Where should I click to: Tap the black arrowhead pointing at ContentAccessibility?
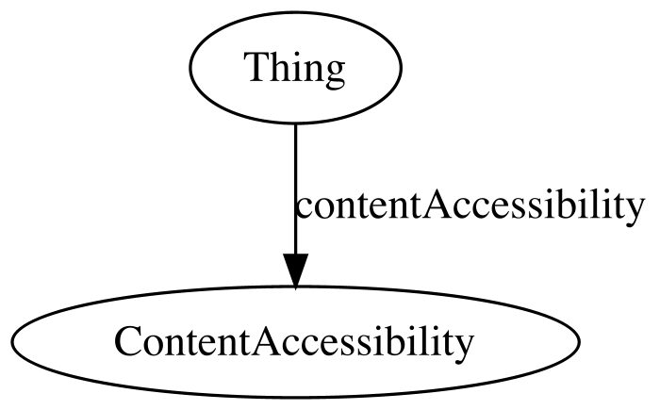(x=295, y=271)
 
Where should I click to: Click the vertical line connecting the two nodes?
(x=295, y=189)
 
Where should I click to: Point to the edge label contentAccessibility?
(x=470, y=207)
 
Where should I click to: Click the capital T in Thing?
(x=260, y=67)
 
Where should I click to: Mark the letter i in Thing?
(x=296, y=67)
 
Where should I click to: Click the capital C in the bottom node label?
(x=127, y=341)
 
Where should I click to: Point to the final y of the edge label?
(x=635, y=213)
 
